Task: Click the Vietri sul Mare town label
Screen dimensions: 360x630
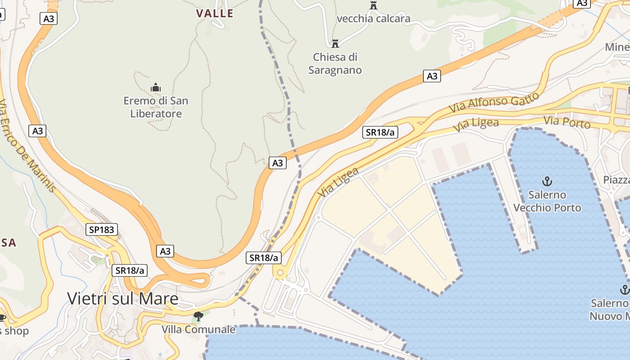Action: [x=122, y=298]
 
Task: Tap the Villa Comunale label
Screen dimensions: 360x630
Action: [x=198, y=329]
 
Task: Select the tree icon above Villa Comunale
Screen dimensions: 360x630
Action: [x=198, y=316]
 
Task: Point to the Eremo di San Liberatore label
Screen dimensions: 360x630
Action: [x=156, y=107]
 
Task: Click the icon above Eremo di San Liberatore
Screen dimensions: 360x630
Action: [x=156, y=87]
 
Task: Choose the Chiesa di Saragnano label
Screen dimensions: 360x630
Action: [x=335, y=63]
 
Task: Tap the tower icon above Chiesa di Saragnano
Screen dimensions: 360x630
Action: [x=335, y=44]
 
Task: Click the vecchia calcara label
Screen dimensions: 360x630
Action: [x=373, y=18]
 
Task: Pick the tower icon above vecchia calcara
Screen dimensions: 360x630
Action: [x=373, y=5]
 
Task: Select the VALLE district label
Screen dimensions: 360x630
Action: [x=215, y=13]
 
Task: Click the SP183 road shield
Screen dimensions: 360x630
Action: [x=102, y=230]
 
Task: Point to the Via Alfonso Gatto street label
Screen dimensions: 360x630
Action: [x=494, y=103]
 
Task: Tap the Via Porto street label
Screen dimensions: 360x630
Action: [x=567, y=122]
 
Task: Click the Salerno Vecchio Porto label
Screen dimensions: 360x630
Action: [x=547, y=201]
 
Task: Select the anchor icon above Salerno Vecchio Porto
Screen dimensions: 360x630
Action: [x=547, y=181]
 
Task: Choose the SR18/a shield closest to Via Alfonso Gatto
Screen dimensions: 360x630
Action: [x=380, y=132]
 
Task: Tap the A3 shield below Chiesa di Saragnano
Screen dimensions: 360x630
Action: [x=432, y=76]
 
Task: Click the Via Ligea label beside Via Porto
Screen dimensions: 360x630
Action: [x=476, y=125]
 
